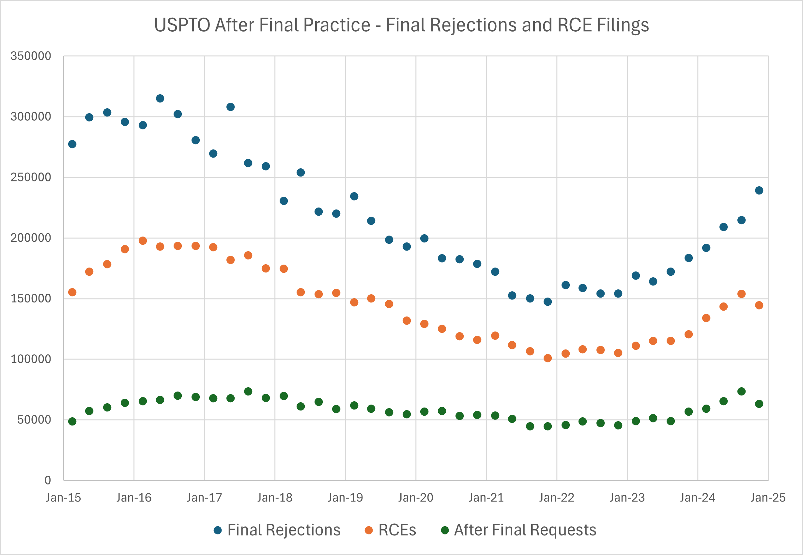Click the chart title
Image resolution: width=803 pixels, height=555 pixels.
click(401, 25)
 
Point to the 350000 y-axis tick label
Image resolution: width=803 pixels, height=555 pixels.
click(31, 56)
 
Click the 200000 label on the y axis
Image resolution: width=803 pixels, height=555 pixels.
click(31, 238)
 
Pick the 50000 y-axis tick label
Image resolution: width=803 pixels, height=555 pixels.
click(34, 420)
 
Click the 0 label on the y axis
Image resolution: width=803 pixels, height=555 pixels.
click(48, 480)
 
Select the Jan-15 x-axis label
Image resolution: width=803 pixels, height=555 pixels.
click(63, 498)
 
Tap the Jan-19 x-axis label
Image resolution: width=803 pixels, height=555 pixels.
click(345, 498)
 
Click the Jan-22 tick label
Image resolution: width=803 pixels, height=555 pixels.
click(557, 498)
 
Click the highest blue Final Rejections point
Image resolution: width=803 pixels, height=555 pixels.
click(160, 99)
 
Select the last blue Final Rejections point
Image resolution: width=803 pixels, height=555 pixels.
click(759, 190)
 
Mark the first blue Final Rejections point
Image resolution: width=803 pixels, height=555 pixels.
click(72, 144)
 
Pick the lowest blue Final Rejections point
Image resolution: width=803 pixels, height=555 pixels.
click(548, 301)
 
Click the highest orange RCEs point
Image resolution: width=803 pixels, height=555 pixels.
click(143, 241)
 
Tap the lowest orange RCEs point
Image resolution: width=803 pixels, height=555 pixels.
click(548, 358)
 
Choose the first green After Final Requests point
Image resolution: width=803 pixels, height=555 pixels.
click(72, 422)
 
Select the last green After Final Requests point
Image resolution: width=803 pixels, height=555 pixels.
click(759, 404)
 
